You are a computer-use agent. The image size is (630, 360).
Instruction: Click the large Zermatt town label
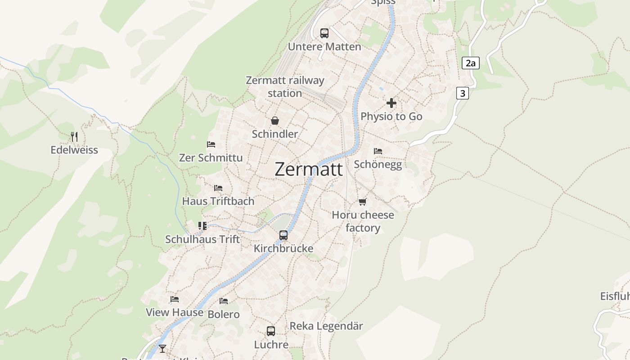(x=309, y=170)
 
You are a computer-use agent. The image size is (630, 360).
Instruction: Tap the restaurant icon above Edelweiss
(x=74, y=136)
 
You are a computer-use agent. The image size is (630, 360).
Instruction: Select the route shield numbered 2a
(x=470, y=63)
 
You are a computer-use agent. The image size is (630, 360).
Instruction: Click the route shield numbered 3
(x=462, y=93)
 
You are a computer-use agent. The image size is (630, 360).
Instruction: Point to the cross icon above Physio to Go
(x=391, y=103)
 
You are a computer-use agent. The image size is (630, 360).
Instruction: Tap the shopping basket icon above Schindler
(x=275, y=121)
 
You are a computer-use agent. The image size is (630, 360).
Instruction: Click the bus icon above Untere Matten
(x=324, y=33)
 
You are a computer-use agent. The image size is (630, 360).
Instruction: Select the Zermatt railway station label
(x=285, y=87)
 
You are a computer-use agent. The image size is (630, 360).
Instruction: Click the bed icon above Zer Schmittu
(x=211, y=144)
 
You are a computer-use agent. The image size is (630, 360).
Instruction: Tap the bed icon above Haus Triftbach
(x=218, y=188)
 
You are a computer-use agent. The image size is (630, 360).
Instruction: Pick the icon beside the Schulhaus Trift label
(x=202, y=225)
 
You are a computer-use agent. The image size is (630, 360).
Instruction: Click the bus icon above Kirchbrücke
(x=283, y=235)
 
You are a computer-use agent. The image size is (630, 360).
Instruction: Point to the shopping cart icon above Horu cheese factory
(x=363, y=202)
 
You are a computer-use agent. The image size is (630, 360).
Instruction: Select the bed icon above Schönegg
(x=378, y=151)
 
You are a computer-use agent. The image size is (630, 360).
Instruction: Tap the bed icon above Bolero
(x=224, y=301)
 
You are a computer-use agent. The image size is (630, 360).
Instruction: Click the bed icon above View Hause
(x=175, y=299)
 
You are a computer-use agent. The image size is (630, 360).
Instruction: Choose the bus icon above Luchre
(x=271, y=331)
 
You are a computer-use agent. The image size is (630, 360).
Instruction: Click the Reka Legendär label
(x=326, y=326)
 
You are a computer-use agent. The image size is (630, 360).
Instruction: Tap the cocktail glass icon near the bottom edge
(x=162, y=348)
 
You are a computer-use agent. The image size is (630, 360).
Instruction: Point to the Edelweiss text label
(x=74, y=150)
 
